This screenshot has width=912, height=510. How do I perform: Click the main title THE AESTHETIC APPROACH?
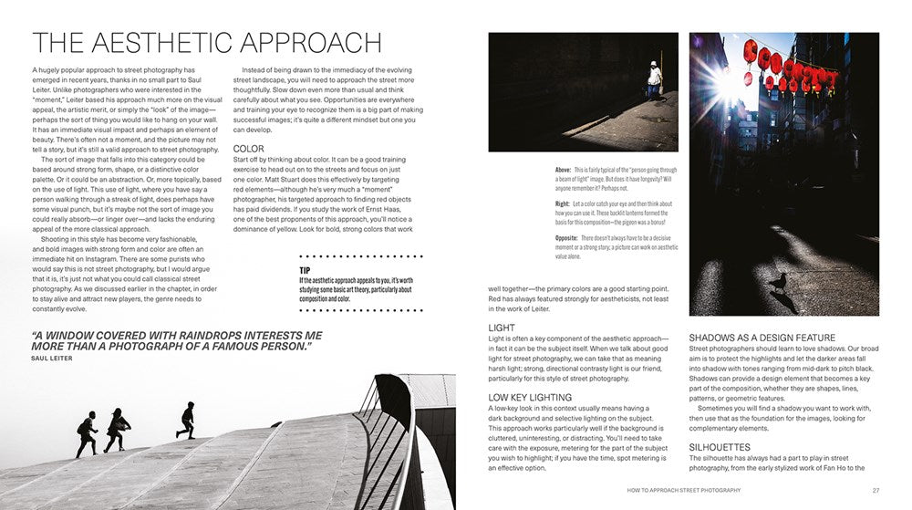[207, 43]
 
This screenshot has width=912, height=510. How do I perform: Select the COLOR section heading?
[249, 148]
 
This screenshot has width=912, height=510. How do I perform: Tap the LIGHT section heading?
[502, 328]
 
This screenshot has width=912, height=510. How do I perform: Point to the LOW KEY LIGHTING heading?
[530, 397]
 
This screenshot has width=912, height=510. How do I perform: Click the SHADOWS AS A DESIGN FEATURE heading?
[762, 338]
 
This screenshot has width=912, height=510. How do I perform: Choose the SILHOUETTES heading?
[720, 447]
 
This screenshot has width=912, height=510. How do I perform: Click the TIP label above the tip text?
[306, 270]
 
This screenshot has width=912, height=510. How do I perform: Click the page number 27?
[876, 490]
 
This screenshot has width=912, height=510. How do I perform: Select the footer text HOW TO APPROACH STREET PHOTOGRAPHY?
[684, 490]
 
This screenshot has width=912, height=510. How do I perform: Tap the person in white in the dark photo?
[654, 79]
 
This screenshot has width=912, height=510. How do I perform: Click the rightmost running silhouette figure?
[187, 419]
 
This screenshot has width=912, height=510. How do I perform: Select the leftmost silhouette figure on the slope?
[87, 434]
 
